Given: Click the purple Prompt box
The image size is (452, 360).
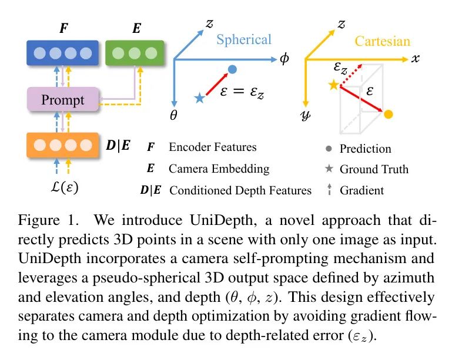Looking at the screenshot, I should point(63,99).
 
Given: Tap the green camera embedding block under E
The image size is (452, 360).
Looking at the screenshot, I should point(134,53).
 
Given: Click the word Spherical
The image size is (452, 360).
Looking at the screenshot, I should point(244,39).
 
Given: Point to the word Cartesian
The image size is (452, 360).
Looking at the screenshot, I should point(382,41).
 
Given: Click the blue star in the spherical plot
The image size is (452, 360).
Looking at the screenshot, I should point(199,98).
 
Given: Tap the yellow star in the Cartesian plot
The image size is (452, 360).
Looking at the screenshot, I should point(334,86).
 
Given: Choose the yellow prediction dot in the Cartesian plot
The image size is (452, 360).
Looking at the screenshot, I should point(387,113).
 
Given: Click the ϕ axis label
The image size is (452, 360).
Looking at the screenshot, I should point(284,60).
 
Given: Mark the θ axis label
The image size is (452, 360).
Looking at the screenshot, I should point(173,116).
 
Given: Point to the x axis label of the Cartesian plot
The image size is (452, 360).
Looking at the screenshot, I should point(416,59).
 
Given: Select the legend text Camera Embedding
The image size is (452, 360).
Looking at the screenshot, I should point(219,169).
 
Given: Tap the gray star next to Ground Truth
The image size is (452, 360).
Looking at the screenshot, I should point(329,169).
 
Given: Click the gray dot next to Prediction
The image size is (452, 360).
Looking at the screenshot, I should point(329,149).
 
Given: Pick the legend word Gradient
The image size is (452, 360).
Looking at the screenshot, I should point(361,190).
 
